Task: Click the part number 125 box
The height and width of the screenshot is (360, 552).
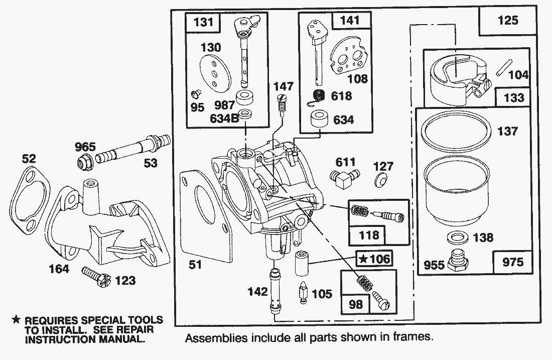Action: click(x=508, y=21)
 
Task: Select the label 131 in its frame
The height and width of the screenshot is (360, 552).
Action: click(x=203, y=22)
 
